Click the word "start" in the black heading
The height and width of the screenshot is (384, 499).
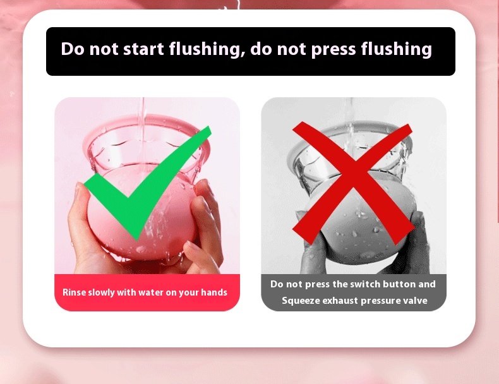[x=143, y=49]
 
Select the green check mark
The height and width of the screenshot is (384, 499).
[x=148, y=183]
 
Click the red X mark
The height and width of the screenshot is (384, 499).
[x=354, y=184]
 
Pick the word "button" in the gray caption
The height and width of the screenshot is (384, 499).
[x=399, y=284]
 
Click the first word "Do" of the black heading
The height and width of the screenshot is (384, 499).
[x=73, y=49]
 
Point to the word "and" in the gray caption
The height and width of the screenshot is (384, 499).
[x=427, y=284]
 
